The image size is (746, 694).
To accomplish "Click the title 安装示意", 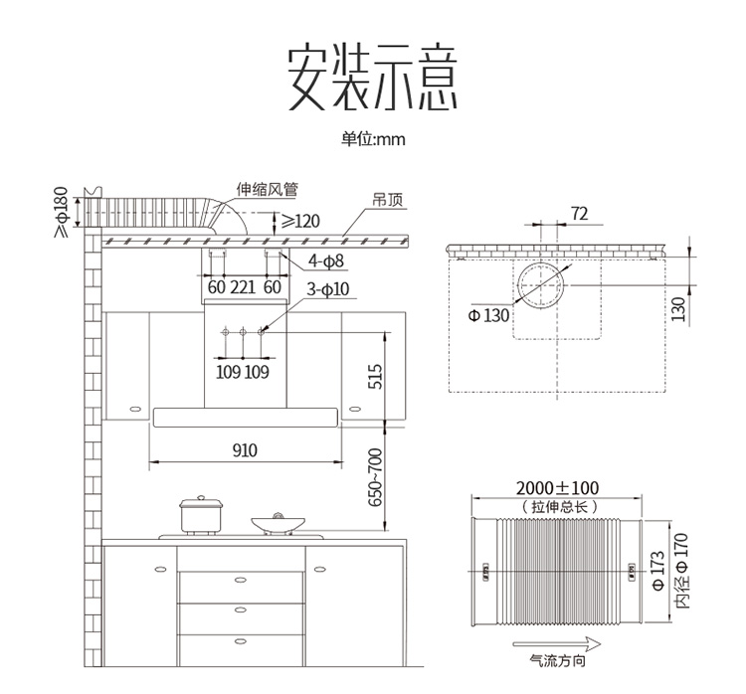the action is [x=373, y=78].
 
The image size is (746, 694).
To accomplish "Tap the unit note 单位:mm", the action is [x=373, y=139].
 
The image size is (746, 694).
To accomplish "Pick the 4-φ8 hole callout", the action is [x=325, y=261].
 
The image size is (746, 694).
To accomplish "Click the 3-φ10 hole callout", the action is [x=328, y=290].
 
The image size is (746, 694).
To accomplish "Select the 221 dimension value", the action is [x=243, y=288].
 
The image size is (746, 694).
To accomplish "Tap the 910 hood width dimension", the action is [x=245, y=450].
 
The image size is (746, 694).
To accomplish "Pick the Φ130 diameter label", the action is [x=487, y=315].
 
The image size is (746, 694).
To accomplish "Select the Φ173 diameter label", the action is [x=658, y=574].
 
